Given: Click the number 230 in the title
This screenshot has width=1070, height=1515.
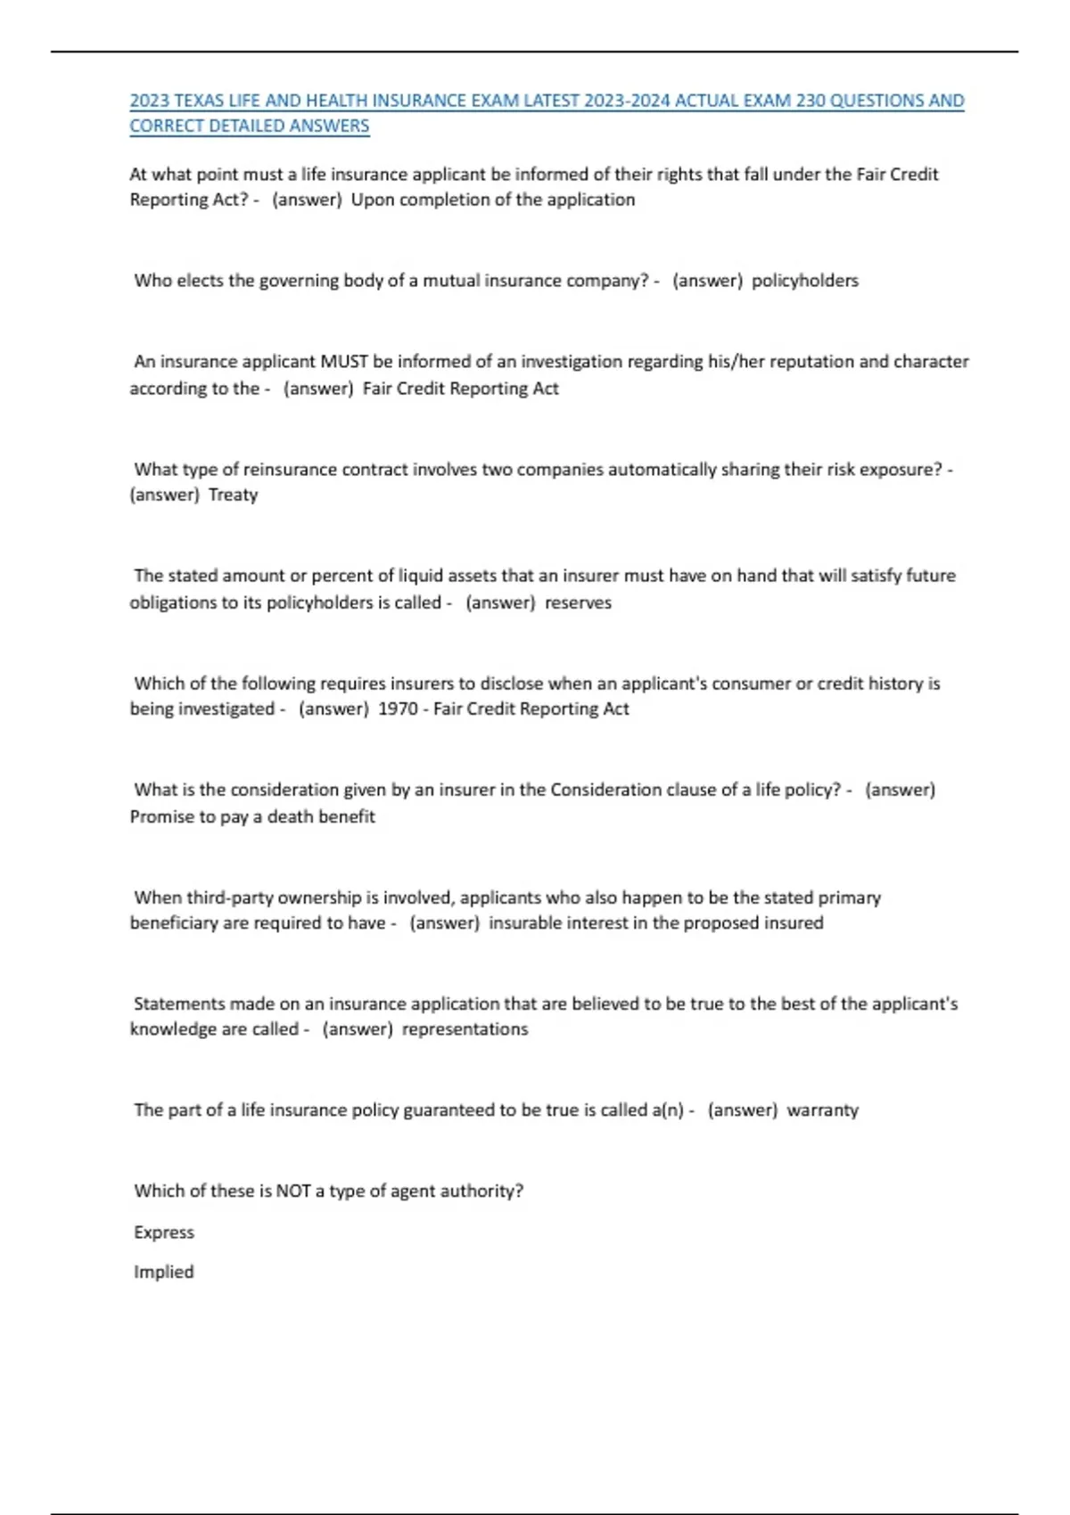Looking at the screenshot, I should tap(811, 101).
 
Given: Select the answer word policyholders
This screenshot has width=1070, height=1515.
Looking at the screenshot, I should tap(804, 281).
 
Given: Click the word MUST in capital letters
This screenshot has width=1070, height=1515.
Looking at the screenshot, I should tap(344, 362).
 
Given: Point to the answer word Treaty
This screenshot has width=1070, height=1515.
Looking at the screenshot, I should tap(233, 495).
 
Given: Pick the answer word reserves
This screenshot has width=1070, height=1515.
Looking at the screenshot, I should tap(578, 602).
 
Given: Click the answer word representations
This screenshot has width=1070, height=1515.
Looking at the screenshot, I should tap(465, 1029).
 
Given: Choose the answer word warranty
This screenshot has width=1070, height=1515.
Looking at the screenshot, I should tap(822, 1110).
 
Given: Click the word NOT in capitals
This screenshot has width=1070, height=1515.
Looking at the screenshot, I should tap(293, 1192).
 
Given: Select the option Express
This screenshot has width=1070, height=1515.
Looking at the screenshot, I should tap(164, 1232).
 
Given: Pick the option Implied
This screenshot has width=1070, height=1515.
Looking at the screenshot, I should tap(164, 1272).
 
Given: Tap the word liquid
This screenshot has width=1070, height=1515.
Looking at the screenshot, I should tap(421, 576).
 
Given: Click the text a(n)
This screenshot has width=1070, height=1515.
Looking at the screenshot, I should tap(668, 1110).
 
